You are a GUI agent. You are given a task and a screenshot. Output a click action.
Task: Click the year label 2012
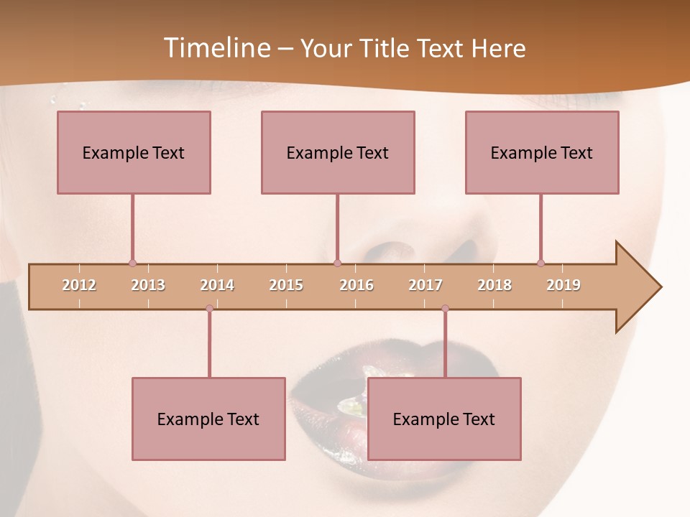[79, 285]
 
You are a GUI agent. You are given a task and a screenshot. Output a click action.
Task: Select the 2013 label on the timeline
[148, 285]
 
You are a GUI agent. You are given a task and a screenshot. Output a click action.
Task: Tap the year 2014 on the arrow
[217, 285]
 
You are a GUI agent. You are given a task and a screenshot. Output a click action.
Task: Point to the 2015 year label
[286, 285]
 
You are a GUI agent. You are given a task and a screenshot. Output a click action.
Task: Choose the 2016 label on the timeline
[356, 285]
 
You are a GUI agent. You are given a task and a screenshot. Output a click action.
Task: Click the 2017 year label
[425, 285]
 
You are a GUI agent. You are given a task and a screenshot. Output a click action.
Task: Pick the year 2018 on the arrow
[494, 285]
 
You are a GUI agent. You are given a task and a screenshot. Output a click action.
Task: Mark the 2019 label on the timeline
[563, 285]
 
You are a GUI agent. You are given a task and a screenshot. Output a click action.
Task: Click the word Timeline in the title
[216, 48]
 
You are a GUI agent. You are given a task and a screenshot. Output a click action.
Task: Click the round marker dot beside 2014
[209, 308]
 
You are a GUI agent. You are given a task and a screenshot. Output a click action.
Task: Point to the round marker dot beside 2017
[445, 308]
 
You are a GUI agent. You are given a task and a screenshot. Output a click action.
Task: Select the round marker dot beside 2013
[132, 263]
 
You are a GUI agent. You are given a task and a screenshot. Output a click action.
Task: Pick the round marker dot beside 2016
[337, 263]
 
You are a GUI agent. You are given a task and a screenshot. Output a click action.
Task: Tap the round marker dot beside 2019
[540, 263]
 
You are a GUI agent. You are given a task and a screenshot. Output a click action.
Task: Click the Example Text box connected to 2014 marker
[208, 419]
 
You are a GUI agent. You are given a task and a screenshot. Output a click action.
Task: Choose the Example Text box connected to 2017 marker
[444, 419]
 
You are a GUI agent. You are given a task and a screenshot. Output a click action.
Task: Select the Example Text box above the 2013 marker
[134, 152]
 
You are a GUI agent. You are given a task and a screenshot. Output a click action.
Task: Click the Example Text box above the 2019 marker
[542, 152]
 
